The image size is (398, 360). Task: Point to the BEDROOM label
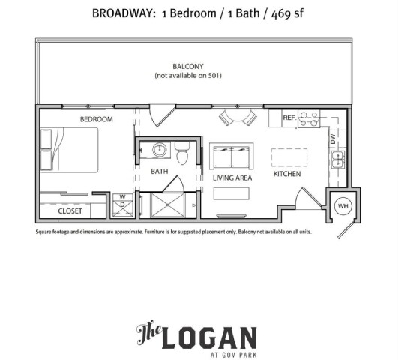pyautogui.click(x=96, y=119)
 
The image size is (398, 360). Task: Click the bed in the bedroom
pyautogui.click(x=69, y=150)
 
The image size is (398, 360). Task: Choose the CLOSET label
pyautogui.click(x=70, y=211)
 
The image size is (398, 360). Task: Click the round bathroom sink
pyautogui.click(x=160, y=150)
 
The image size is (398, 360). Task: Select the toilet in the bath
pyautogui.click(x=181, y=154)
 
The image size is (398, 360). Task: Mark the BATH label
pyautogui.click(x=159, y=171)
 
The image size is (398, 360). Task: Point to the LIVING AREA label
pyautogui.click(x=230, y=178)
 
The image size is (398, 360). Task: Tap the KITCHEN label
pyautogui.click(x=286, y=174)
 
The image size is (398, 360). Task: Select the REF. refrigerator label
pyautogui.click(x=289, y=118)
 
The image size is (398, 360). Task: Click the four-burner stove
pyautogui.click(x=310, y=118)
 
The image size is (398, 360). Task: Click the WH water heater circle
pyautogui.click(x=343, y=205)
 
